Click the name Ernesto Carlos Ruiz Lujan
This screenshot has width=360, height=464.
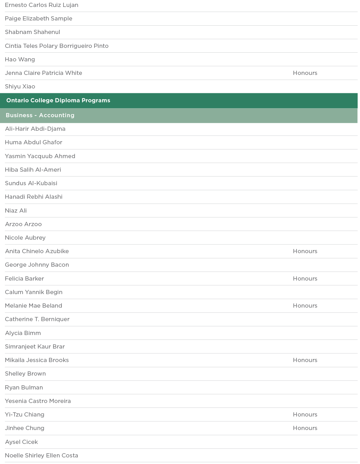coord(42,5)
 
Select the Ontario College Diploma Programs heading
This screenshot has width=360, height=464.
coord(58,101)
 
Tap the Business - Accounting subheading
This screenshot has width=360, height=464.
coord(40,115)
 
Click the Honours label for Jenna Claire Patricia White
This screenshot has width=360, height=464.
coord(305,73)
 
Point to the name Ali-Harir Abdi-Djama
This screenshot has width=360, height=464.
coord(35,129)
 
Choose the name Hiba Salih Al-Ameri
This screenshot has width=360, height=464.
coord(33,170)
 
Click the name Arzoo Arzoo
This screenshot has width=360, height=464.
coord(23,224)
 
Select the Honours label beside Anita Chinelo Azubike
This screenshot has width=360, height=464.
coord(305,251)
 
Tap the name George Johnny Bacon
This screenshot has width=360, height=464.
coord(37,265)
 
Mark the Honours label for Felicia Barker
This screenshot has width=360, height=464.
coord(305,279)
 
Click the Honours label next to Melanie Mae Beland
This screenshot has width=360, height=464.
coord(305,306)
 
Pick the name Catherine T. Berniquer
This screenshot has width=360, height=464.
coord(37,319)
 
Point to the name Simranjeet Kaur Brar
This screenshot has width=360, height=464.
coord(35,347)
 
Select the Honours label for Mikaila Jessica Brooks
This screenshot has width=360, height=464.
coord(305,360)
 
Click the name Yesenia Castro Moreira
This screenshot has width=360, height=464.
coord(38,401)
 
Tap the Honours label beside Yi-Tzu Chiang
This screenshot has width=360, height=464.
coord(305,415)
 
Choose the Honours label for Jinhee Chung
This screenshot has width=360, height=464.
coord(305,428)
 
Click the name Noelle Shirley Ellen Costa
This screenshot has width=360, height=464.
coord(41,456)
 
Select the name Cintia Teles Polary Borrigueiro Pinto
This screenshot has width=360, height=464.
coord(57,46)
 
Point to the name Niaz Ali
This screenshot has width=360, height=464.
coord(16,211)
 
